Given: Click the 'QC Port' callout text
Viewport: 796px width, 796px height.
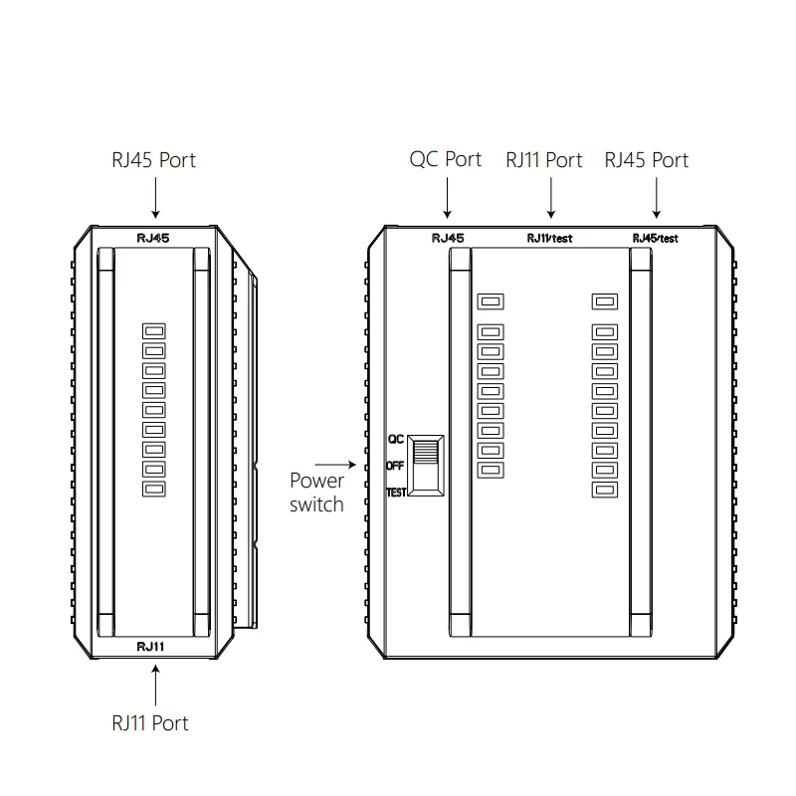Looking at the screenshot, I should (x=446, y=159).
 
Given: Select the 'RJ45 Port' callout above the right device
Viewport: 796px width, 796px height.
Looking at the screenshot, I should (x=647, y=159).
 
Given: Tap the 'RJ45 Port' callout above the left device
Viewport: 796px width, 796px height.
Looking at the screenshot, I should (x=154, y=159).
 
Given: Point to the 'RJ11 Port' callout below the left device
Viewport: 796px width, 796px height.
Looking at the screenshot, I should (x=149, y=722).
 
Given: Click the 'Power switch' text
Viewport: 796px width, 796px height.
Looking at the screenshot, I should (x=316, y=493).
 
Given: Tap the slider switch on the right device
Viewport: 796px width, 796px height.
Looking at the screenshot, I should (x=428, y=465).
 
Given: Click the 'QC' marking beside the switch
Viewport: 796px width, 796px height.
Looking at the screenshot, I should (x=395, y=438).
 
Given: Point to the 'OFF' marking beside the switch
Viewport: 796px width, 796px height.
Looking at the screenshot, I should (x=395, y=465).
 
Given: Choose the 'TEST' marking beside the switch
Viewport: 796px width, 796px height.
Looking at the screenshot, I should (x=396, y=493).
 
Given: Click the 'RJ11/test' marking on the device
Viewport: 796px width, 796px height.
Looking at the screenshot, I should (x=549, y=238).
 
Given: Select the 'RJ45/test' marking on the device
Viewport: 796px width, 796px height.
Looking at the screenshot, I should (x=655, y=238).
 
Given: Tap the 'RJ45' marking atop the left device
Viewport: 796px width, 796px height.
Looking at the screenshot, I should (x=153, y=238).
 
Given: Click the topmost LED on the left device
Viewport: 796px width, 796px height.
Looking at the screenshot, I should (x=154, y=330).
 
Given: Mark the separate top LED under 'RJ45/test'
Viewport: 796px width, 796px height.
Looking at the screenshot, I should (x=603, y=300).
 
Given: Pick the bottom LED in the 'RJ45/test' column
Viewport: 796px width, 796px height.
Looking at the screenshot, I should (x=603, y=489).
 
